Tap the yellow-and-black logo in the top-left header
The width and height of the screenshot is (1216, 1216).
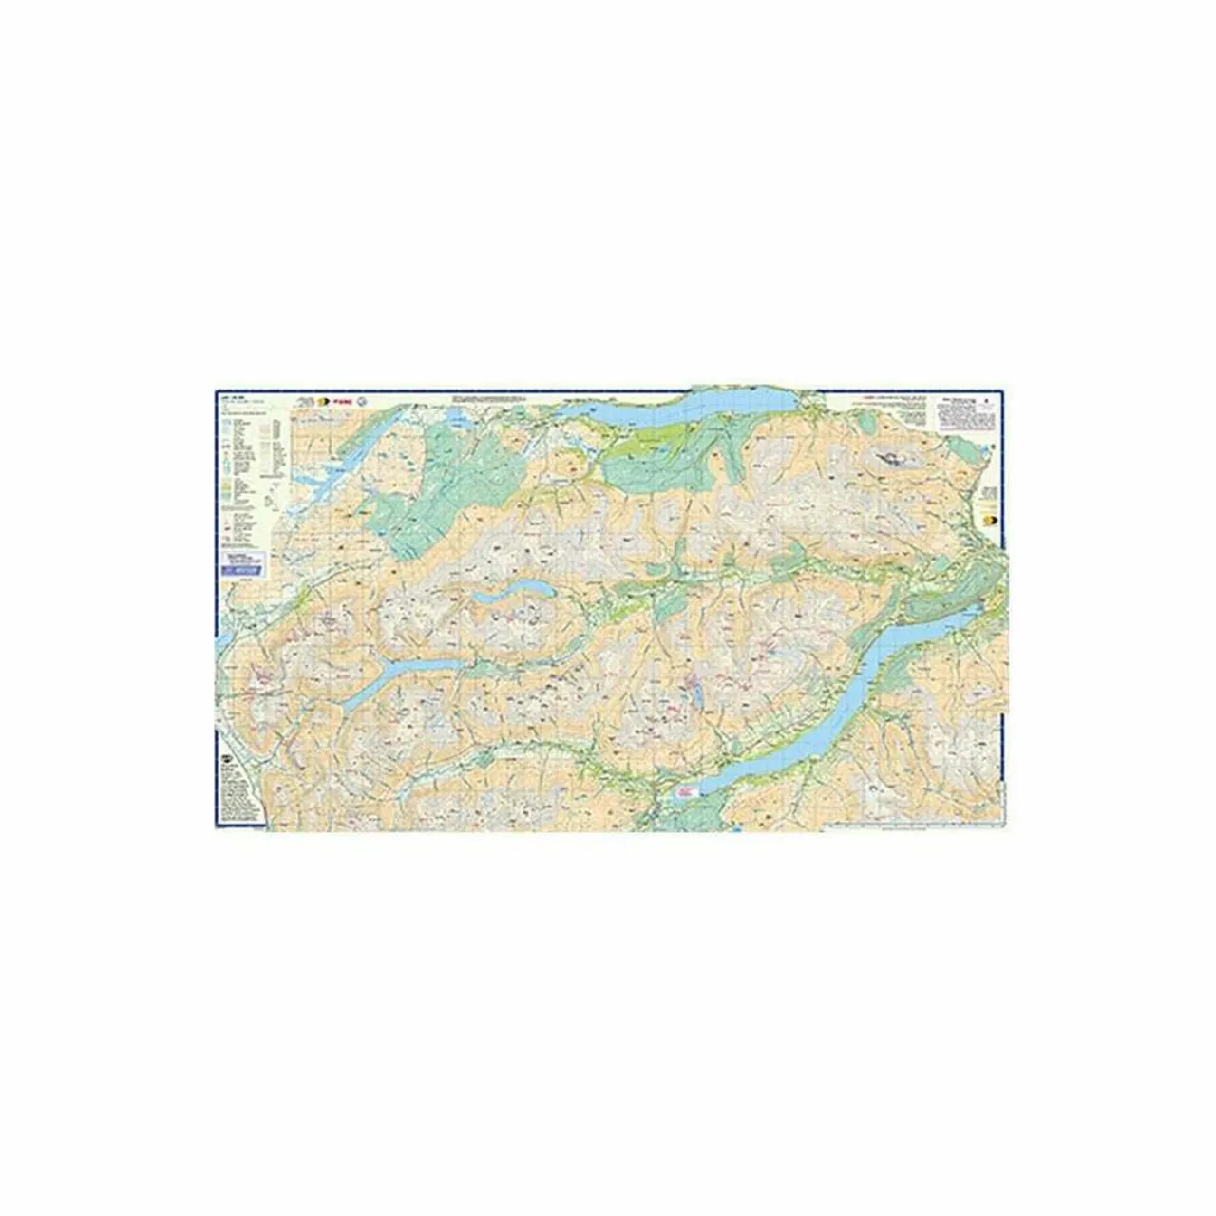click(320, 402)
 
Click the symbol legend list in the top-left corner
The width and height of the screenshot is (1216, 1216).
click(249, 465)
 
